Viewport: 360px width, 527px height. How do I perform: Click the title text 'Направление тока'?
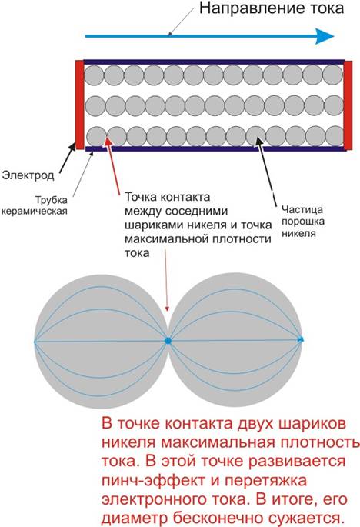pyautogui.click(x=272, y=8)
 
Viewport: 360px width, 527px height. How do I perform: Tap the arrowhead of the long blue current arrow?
pyautogui.click(x=325, y=36)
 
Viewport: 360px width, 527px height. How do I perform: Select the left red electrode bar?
pyautogui.click(x=80, y=105)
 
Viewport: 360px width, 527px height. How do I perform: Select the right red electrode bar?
pyautogui.click(x=348, y=105)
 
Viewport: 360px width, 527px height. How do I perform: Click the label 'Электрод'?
pyautogui.click(x=28, y=175)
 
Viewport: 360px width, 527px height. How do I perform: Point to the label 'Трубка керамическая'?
pyautogui.click(x=35, y=205)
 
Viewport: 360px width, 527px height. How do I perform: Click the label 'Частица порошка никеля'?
pyautogui.click(x=303, y=221)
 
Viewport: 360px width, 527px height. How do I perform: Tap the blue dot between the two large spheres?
pyautogui.click(x=168, y=341)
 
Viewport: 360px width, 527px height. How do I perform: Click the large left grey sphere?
pyautogui.click(x=101, y=342)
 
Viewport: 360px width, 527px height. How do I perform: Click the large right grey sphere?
pyautogui.click(x=235, y=340)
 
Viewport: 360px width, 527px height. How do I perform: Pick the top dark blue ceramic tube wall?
pyautogui.click(x=214, y=62)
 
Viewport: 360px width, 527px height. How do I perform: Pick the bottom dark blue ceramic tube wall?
pyautogui.click(x=215, y=149)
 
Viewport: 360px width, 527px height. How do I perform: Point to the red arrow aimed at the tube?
pyautogui.click(x=113, y=165)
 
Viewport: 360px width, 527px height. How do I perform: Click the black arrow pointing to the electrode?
pyautogui.click(x=68, y=158)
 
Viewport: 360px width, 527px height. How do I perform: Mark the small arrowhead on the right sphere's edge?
pyautogui.click(x=301, y=339)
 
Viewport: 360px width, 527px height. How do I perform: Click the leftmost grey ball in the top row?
pyautogui.click(x=94, y=75)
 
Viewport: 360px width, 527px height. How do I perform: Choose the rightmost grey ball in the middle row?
pyautogui.click(x=334, y=105)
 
